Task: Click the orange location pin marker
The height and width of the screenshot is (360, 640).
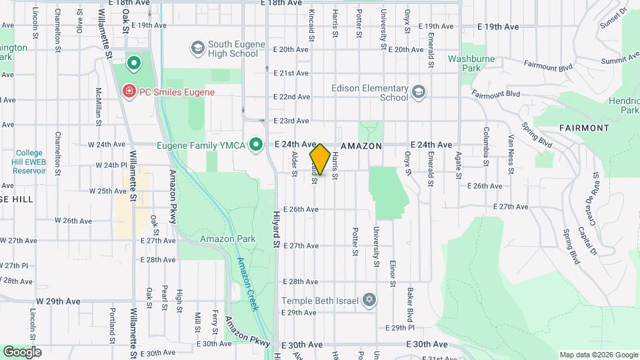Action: click(x=319, y=159)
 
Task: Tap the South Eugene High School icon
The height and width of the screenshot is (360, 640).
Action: click(x=197, y=48)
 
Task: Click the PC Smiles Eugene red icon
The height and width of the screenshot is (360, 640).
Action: click(x=128, y=91)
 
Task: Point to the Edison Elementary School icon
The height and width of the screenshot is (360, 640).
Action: click(x=418, y=92)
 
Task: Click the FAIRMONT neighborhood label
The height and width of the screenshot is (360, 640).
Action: click(x=584, y=127)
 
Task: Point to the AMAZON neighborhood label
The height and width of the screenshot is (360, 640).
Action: click(x=361, y=145)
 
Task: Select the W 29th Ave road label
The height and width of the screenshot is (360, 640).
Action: click(x=59, y=301)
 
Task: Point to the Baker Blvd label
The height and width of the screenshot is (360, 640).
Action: click(x=411, y=301)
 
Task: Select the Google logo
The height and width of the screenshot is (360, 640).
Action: click(x=22, y=352)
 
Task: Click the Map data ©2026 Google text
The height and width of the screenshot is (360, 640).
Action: click(x=598, y=355)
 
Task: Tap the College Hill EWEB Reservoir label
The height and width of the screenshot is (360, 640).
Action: click(x=29, y=161)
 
